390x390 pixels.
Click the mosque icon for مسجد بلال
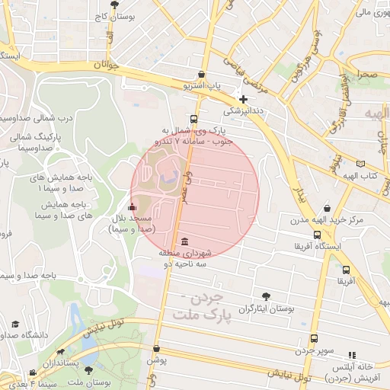(x=133, y=206)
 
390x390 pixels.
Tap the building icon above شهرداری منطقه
(x=186, y=241)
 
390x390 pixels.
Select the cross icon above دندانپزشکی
(x=243, y=99)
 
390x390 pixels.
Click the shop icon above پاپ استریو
(x=200, y=75)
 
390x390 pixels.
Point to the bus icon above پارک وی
(x=193, y=119)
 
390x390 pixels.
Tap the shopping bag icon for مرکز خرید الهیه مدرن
(x=328, y=209)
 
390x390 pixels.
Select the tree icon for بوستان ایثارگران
(x=265, y=296)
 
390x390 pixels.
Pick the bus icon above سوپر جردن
(x=313, y=339)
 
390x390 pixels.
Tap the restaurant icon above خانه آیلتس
(x=351, y=355)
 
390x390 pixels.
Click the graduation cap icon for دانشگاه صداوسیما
(x=14, y=324)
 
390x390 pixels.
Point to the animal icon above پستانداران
(x=60, y=353)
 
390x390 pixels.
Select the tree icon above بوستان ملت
(x=89, y=370)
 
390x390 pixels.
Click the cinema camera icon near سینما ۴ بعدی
(x=33, y=372)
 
